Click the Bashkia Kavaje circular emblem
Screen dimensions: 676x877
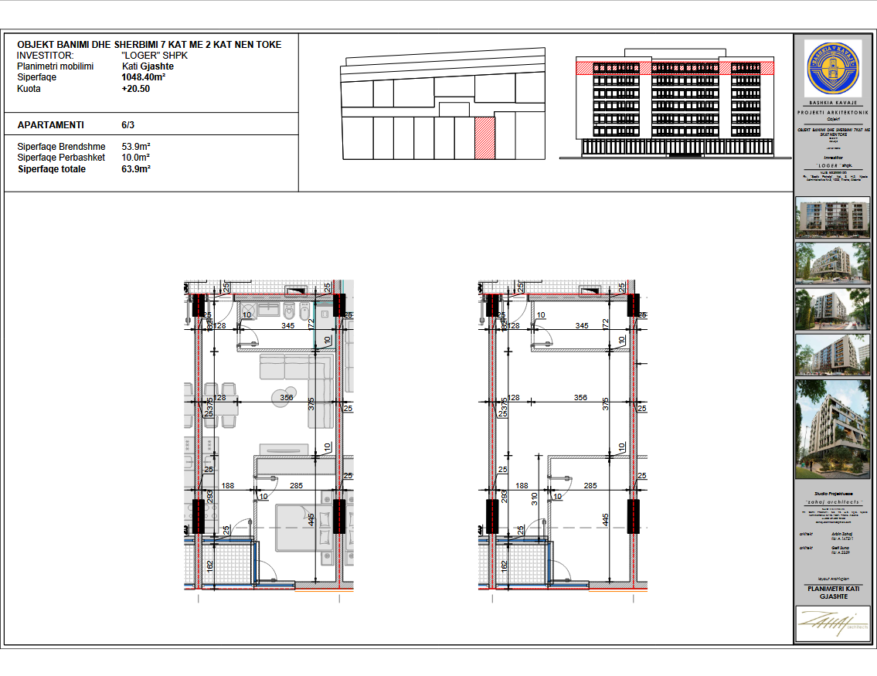[832, 68]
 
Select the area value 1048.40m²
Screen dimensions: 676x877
[143, 77]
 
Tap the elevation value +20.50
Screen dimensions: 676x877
[135, 89]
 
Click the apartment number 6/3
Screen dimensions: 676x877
[127, 124]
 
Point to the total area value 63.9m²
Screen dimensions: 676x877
[135, 168]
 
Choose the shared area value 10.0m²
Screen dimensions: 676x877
[135, 158]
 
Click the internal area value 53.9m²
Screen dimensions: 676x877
[135, 146]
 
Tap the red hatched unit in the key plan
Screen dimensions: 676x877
[484, 138]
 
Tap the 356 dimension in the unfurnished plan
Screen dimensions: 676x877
[580, 398]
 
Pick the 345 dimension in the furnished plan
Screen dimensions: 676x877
[288, 326]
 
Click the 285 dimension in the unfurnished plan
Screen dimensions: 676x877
[590, 486]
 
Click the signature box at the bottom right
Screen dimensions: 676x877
[832, 623]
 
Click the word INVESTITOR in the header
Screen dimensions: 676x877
[45, 56]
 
